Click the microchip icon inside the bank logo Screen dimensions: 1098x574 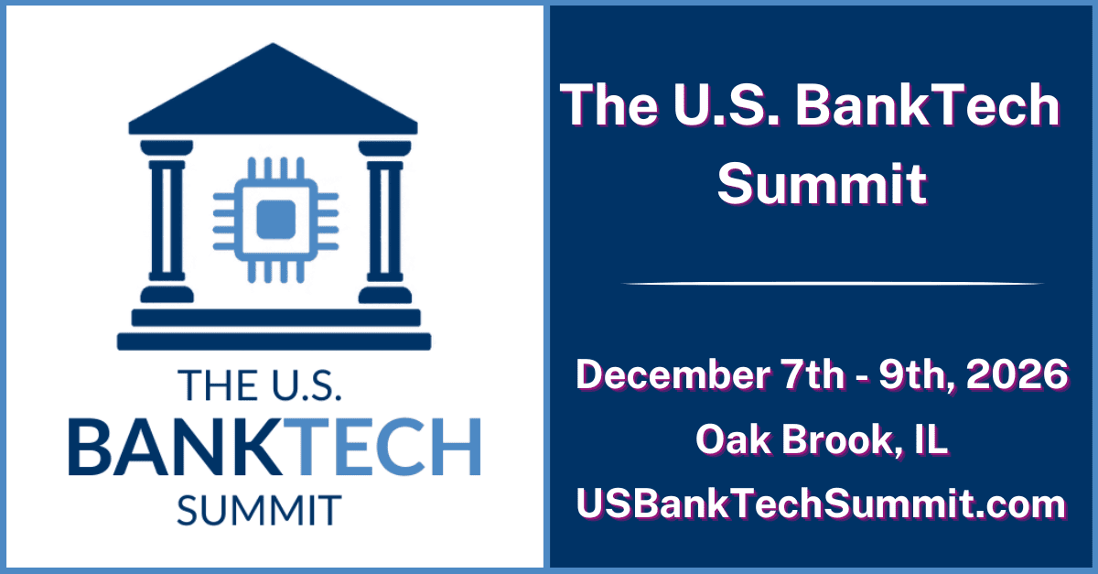coord(275,220)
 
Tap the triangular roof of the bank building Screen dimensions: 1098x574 coord(273,90)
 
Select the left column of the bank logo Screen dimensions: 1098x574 coord(167,222)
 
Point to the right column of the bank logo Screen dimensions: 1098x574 coord(385,222)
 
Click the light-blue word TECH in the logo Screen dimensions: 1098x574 coord(389,447)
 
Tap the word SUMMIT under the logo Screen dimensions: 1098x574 coord(259,510)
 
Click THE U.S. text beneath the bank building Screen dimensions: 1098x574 coord(259,385)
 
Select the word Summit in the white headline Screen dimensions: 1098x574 coord(822,184)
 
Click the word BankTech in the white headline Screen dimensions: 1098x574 coord(928,105)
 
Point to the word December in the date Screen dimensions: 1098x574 coord(673,374)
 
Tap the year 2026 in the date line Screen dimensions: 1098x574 coord(1017,374)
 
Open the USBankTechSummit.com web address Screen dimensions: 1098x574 coord(821,504)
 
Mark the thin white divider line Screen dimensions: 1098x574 coord(833,284)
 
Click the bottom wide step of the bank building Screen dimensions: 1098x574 coord(274,341)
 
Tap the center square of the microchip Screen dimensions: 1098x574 coord(276,220)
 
